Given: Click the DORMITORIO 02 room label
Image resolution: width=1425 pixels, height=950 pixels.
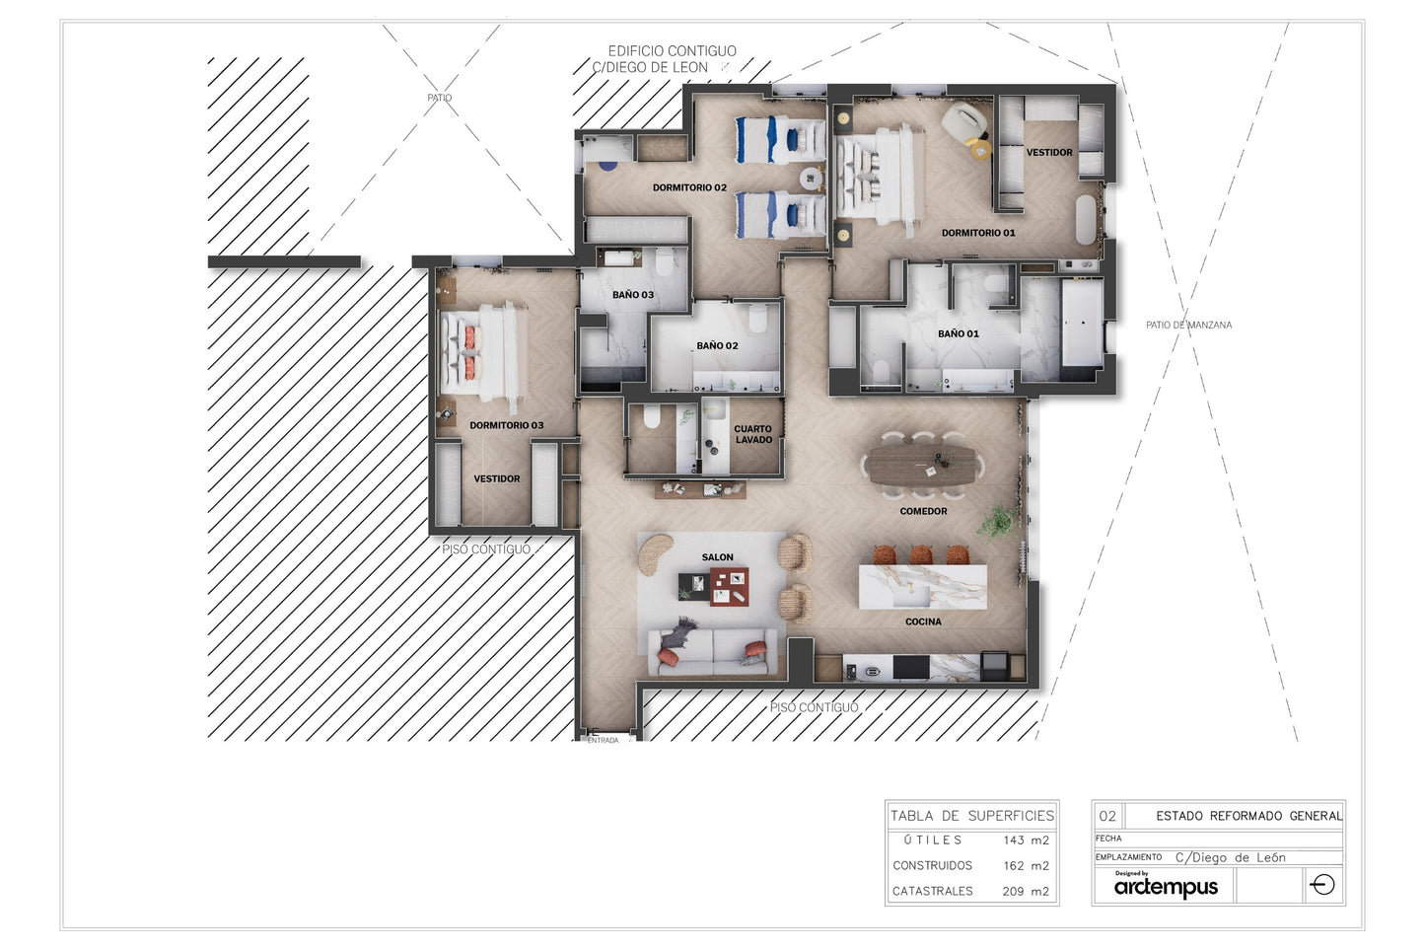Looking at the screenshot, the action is click(x=689, y=187).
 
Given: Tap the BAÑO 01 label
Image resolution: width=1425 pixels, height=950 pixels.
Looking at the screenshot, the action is click(x=959, y=334).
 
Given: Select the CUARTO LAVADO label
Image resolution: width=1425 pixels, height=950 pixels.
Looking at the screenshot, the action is click(x=753, y=434).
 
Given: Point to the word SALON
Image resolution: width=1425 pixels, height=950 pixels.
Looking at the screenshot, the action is click(x=718, y=557).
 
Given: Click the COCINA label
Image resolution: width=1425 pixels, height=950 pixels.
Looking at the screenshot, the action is click(x=923, y=621).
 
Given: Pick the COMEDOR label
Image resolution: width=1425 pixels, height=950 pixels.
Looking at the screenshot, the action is click(x=923, y=512).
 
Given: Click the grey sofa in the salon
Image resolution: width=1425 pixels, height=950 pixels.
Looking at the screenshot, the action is click(x=712, y=651).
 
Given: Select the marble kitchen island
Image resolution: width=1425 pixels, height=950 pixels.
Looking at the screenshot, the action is click(x=922, y=587).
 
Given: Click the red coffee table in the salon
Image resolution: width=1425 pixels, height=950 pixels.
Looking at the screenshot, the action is click(x=729, y=586).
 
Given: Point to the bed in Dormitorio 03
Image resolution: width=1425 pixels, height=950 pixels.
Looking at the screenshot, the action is click(x=482, y=352).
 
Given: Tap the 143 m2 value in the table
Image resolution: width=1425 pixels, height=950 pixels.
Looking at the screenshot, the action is click(x=1027, y=840).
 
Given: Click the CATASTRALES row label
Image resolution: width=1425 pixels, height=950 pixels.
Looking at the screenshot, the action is click(x=933, y=891).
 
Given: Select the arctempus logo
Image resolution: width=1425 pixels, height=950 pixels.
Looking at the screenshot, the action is click(x=1166, y=885).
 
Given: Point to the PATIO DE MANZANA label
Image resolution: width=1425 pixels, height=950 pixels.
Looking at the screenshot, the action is click(x=1188, y=325).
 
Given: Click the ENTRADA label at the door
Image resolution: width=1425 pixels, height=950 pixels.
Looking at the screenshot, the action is click(x=603, y=740).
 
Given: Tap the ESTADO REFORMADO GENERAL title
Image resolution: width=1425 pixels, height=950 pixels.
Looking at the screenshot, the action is click(x=1248, y=816).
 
